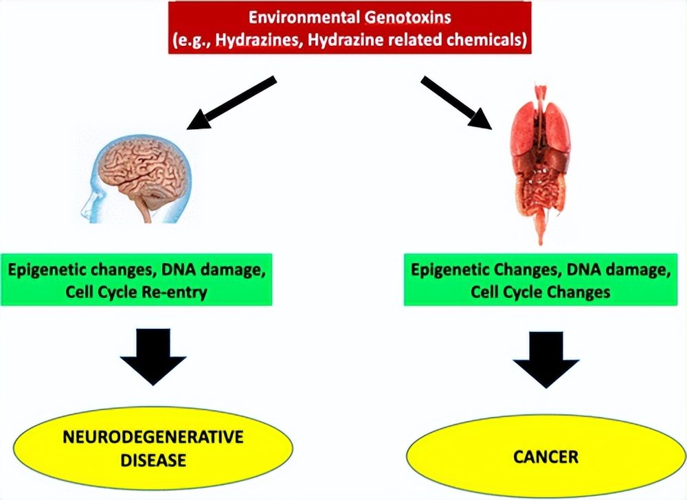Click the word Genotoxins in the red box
(407, 17)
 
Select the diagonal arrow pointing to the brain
(232, 103)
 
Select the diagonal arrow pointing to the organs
(456, 103)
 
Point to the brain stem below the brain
(144, 210)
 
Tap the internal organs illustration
(541, 164)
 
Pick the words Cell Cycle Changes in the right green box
(540, 292)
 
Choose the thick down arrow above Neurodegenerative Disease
(153, 356)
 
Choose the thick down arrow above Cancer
(546, 359)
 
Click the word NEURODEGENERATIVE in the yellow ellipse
(153, 437)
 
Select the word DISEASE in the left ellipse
(153, 460)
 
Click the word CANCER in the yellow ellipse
(546, 457)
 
